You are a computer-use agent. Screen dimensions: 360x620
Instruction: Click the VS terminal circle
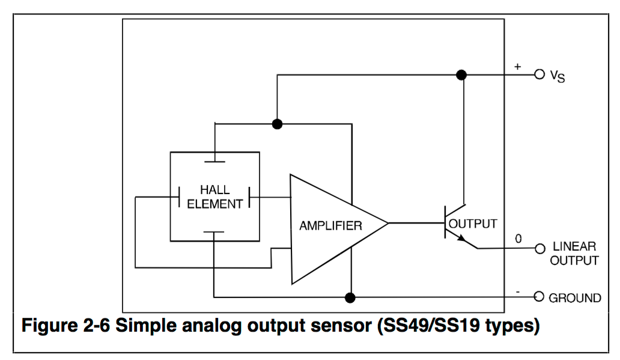pyautogui.click(x=539, y=75)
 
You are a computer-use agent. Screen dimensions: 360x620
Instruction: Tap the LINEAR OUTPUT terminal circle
pyautogui.click(x=539, y=248)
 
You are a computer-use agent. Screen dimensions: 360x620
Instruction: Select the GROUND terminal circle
pyautogui.click(x=539, y=297)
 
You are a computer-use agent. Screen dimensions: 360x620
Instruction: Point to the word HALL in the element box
pyautogui.click(x=215, y=191)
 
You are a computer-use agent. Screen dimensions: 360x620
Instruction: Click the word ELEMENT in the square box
pyautogui.click(x=215, y=204)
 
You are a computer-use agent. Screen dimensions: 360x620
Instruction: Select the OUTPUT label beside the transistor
pyautogui.click(x=474, y=224)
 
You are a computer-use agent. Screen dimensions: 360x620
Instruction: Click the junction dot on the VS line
pyautogui.click(x=461, y=75)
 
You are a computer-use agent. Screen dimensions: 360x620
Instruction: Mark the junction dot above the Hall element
pyautogui.click(x=277, y=124)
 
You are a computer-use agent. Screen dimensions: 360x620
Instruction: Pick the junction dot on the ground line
pyautogui.click(x=350, y=297)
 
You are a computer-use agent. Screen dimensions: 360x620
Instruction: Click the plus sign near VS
pyautogui.click(x=517, y=67)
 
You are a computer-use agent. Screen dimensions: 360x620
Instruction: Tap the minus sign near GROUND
pyautogui.click(x=517, y=291)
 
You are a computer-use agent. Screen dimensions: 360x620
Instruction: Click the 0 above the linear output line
pyautogui.click(x=518, y=239)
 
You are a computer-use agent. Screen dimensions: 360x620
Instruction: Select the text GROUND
pyautogui.click(x=574, y=298)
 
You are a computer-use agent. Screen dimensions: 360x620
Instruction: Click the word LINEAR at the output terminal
pyautogui.click(x=574, y=247)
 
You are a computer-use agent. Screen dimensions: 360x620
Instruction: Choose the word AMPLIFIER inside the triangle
pyautogui.click(x=331, y=226)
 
